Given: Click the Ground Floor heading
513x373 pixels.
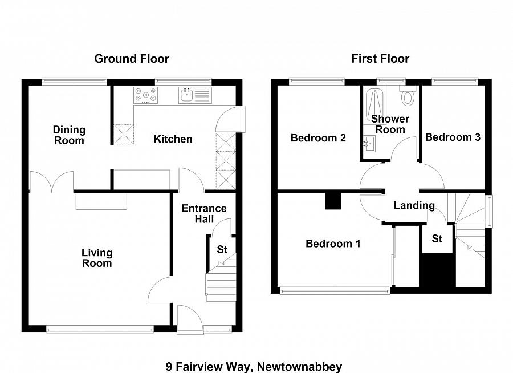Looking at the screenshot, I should (x=132, y=59).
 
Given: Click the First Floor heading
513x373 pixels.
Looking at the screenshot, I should (x=380, y=59).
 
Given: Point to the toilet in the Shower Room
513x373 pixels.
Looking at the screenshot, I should (x=408, y=96).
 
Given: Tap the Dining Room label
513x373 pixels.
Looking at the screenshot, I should (x=69, y=135).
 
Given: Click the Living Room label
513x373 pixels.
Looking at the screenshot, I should (x=97, y=258).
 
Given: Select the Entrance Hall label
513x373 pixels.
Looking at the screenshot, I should (x=203, y=214).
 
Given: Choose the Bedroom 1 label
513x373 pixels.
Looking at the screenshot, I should (x=333, y=244).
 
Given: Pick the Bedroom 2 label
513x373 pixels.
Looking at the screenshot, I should (x=318, y=138).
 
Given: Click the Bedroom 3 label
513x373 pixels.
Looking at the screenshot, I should (x=453, y=137).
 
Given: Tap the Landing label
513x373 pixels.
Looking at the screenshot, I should (x=414, y=205).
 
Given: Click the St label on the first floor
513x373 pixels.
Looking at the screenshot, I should (x=437, y=239).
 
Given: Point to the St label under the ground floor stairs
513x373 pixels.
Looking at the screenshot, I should (x=222, y=250).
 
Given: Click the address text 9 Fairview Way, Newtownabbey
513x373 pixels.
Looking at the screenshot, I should (x=254, y=366).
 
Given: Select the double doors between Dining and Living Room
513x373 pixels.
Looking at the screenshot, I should (x=51, y=181).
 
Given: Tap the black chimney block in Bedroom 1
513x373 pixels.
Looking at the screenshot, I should (x=332, y=201).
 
